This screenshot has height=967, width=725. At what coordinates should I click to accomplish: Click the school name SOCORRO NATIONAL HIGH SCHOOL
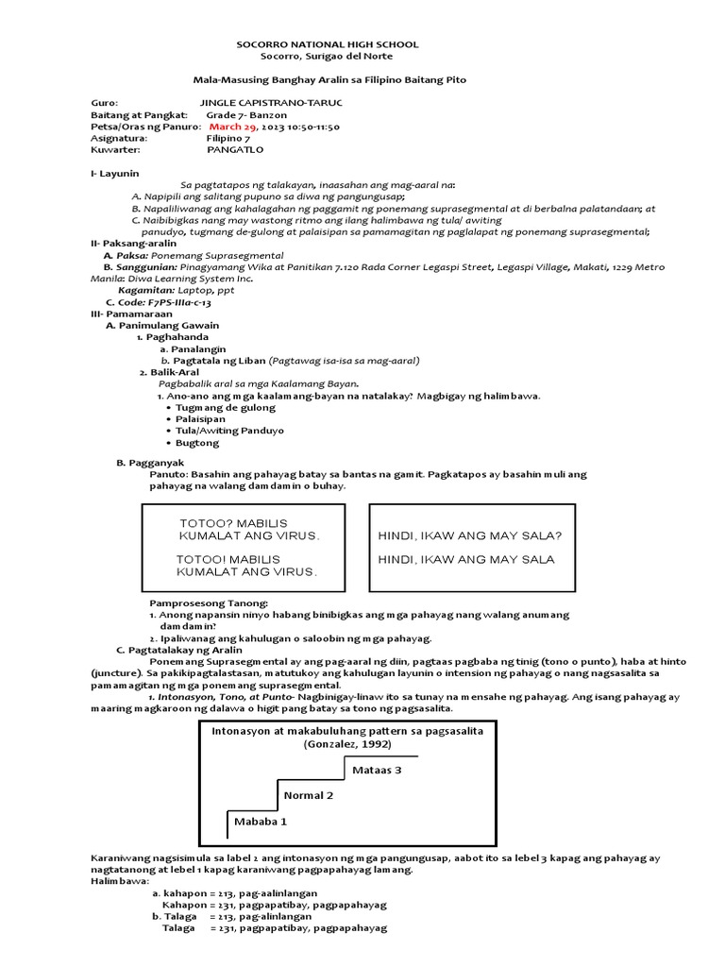tap(326, 44)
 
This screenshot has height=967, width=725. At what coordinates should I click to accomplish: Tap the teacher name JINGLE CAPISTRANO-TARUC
tap(272, 101)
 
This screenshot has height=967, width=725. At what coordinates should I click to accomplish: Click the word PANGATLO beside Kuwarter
tap(235, 149)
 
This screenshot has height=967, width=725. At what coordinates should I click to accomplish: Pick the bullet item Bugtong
tap(196, 442)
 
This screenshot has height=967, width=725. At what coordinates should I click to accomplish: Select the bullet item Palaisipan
tap(202, 418)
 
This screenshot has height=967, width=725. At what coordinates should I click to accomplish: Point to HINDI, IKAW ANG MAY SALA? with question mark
tap(469, 535)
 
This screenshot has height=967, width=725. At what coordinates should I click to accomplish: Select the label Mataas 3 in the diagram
tap(377, 770)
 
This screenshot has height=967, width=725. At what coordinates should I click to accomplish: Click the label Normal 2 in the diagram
tap(309, 795)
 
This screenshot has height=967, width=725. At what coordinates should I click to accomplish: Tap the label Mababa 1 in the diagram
tap(260, 822)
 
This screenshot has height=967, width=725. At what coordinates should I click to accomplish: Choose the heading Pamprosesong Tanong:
tap(209, 602)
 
